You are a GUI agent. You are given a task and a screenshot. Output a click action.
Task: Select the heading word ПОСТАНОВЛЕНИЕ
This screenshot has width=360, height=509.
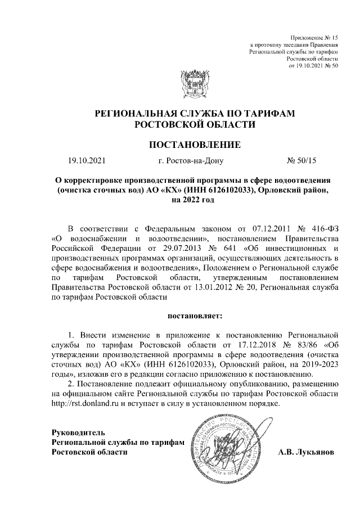(x=194, y=145)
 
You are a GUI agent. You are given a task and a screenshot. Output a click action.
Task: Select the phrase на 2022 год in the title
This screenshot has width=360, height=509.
(x=193, y=200)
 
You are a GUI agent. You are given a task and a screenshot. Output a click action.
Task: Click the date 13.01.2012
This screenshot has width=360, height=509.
(x=208, y=289)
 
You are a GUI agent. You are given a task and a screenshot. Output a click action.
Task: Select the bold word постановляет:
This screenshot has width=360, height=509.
(x=194, y=318)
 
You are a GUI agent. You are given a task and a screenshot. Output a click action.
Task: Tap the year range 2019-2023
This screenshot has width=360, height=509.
(x=310, y=364)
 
